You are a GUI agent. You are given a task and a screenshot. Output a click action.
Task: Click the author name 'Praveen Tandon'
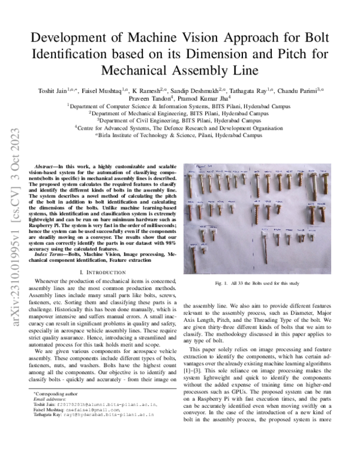click(152, 97)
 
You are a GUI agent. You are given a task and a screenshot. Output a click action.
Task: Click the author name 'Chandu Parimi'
click(300, 91)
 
